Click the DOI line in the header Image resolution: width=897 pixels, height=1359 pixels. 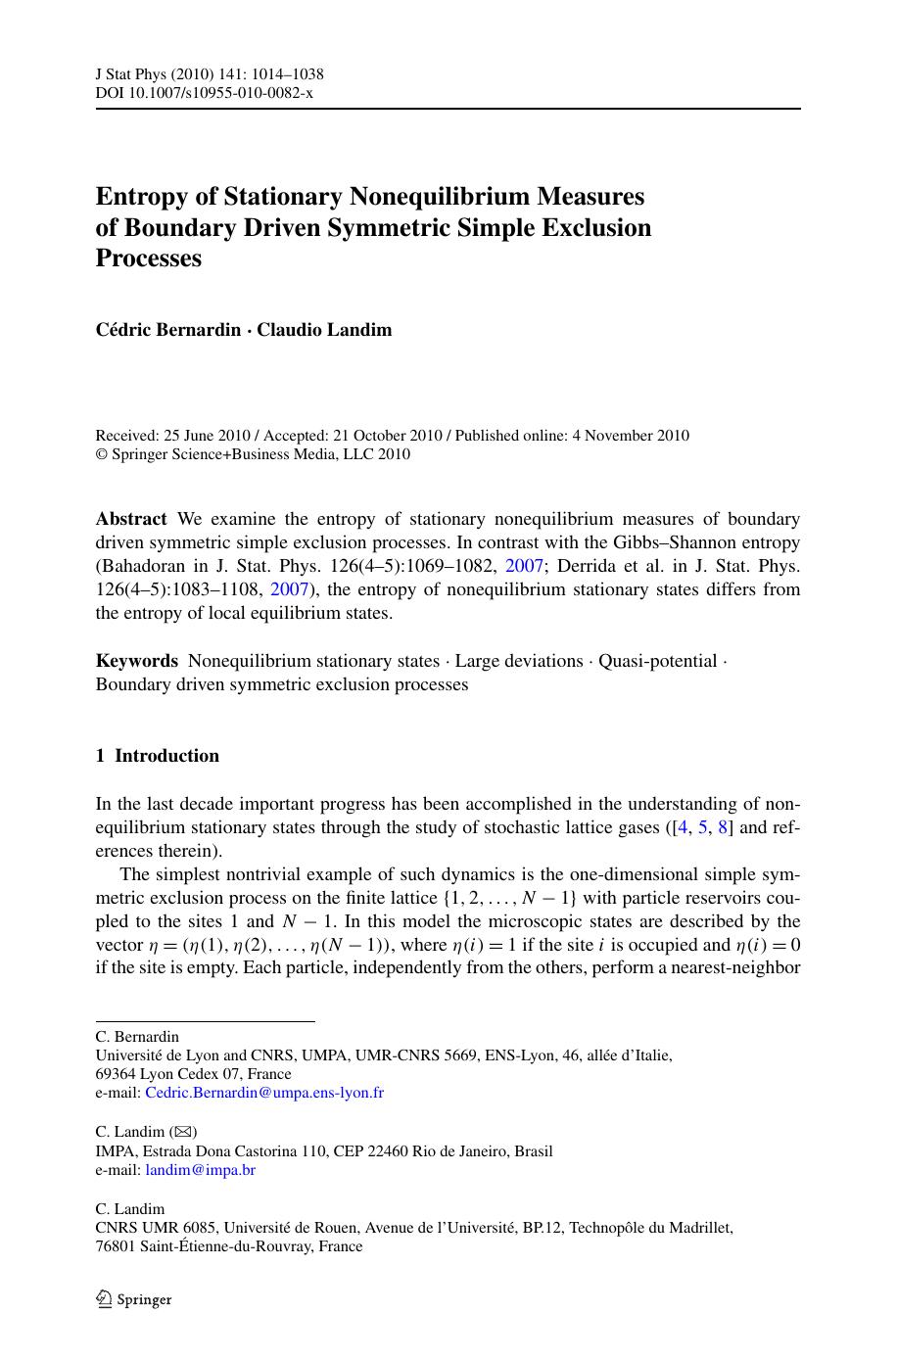[x=204, y=92]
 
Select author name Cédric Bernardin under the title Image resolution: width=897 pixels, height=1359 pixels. [x=167, y=330]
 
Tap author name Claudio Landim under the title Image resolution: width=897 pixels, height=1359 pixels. [x=324, y=330]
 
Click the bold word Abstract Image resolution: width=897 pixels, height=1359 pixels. [x=131, y=519]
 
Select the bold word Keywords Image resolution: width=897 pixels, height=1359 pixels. [x=136, y=661]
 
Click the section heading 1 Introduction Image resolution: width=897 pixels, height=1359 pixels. [x=157, y=756]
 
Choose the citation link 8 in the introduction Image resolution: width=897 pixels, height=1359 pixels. [x=723, y=827]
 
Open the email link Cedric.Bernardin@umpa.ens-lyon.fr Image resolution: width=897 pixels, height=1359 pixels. [x=263, y=1092]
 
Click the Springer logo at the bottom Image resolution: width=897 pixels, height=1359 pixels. [x=133, y=1300]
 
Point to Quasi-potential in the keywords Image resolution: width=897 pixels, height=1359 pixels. [x=657, y=661]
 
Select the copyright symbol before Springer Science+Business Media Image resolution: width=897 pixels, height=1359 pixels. [x=101, y=454]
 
